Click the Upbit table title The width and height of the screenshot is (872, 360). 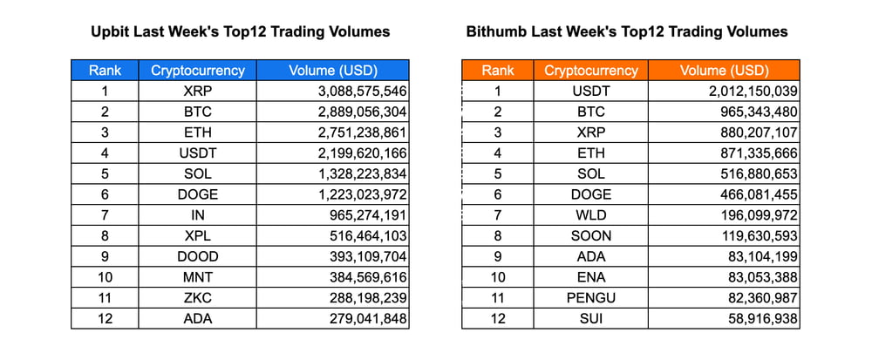pos(240,32)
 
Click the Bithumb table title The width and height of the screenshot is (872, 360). pos(627,32)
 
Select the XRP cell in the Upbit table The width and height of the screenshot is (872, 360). pos(198,91)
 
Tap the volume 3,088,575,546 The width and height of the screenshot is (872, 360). pos(358,91)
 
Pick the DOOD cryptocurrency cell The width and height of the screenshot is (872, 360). pos(198,256)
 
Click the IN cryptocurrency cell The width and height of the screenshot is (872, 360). pos(198,215)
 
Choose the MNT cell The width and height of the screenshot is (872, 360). pos(198,277)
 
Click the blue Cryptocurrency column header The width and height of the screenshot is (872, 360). pos(198,71)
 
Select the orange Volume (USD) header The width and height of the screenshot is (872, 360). pos(724,71)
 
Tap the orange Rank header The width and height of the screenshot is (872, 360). pos(498,71)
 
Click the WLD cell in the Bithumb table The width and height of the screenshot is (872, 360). pos(591,215)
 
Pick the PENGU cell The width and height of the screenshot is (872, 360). pos(591,298)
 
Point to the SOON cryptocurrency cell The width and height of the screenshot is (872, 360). pos(591,235)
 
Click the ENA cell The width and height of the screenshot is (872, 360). pos(591,277)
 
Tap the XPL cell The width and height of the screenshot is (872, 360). pos(198,235)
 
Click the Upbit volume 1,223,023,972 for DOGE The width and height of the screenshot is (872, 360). pos(358,194)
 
